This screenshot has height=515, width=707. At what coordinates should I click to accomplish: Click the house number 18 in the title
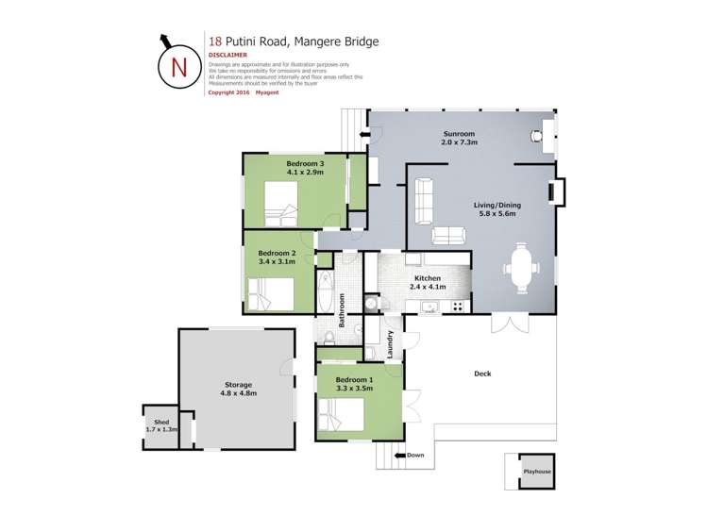[x=215, y=42]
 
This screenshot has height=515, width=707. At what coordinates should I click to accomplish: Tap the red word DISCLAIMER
[x=227, y=56]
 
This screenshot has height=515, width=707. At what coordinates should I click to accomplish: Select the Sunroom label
[x=458, y=134]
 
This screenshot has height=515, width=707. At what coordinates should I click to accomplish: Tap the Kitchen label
[x=427, y=278]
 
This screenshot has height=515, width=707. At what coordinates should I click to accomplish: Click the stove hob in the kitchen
[x=459, y=306]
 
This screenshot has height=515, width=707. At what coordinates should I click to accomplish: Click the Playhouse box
[x=537, y=471]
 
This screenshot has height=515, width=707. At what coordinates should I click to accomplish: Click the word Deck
[x=482, y=374]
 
